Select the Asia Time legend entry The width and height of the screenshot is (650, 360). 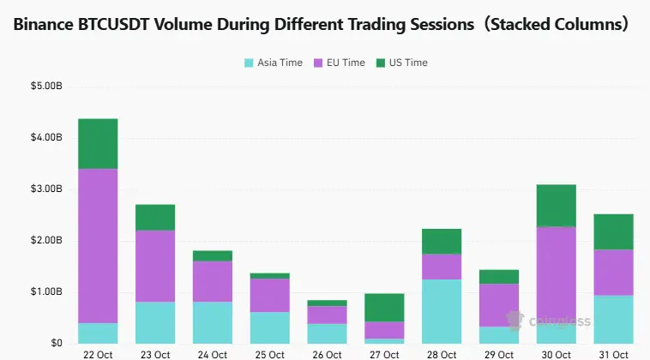(x=273, y=63)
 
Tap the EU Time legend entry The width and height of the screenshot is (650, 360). (x=341, y=63)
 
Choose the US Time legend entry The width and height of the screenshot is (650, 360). (x=402, y=63)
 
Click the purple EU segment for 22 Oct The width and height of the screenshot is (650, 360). (x=98, y=245)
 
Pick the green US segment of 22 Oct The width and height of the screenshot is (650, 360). (x=98, y=143)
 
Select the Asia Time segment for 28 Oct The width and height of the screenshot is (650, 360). (x=441, y=311)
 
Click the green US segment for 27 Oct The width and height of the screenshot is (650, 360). (x=383, y=308)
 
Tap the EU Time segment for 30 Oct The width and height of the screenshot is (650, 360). (x=556, y=275)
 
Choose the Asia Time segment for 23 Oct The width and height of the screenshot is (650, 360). (x=155, y=322)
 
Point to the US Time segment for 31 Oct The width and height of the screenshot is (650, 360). (x=612, y=231)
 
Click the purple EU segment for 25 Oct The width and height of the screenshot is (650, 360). (x=269, y=295)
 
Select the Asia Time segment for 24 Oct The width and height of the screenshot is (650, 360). (x=212, y=322)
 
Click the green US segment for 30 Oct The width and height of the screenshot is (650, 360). (x=556, y=205)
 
